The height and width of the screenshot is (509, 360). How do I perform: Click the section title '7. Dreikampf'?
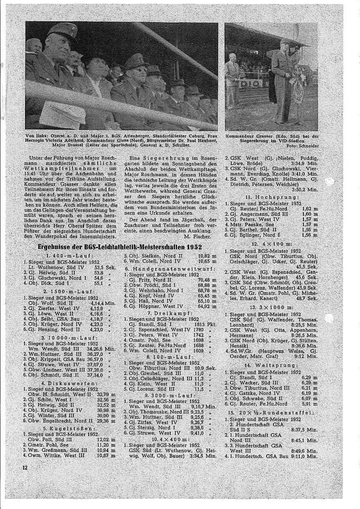(x=169, y=312)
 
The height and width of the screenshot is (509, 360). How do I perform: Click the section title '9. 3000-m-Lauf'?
(x=169, y=395)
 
